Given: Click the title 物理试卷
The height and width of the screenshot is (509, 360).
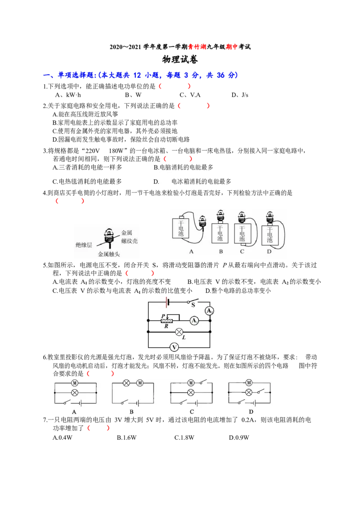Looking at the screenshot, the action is [x=180, y=59].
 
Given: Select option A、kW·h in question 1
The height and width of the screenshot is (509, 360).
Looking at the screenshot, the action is [x=68, y=95].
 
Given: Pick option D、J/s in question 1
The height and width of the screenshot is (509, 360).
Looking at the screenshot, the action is [x=240, y=95].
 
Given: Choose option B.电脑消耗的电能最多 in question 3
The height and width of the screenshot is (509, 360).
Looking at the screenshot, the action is [x=183, y=167].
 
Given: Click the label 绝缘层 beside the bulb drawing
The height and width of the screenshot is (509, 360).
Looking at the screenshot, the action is [x=84, y=245].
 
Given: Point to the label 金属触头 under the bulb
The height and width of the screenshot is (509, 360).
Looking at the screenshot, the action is [x=109, y=254].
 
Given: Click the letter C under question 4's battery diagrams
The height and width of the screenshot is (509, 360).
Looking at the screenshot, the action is [x=242, y=252].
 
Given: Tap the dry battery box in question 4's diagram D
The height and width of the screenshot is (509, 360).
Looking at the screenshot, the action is [x=270, y=235].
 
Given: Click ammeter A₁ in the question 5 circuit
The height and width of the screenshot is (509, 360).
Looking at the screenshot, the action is [x=194, y=321].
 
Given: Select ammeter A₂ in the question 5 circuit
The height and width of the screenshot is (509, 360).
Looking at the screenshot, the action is [x=209, y=311].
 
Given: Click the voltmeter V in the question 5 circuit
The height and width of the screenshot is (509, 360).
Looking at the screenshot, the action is [x=174, y=347].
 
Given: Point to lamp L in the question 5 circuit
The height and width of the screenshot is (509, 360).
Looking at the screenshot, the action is [x=179, y=332].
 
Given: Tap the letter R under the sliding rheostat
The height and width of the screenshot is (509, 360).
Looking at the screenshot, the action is [x=166, y=326].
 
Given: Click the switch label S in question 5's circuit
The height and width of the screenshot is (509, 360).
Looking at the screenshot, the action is [x=193, y=305].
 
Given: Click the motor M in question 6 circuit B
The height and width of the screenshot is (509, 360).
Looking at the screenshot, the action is [x=140, y=383].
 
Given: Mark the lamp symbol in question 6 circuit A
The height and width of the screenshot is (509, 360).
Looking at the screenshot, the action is [x=75, y=393].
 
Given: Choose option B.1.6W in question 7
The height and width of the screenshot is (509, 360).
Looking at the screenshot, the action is [x=127, y=438].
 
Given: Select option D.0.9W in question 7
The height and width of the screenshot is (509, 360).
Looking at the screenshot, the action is [x=239, y=438].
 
